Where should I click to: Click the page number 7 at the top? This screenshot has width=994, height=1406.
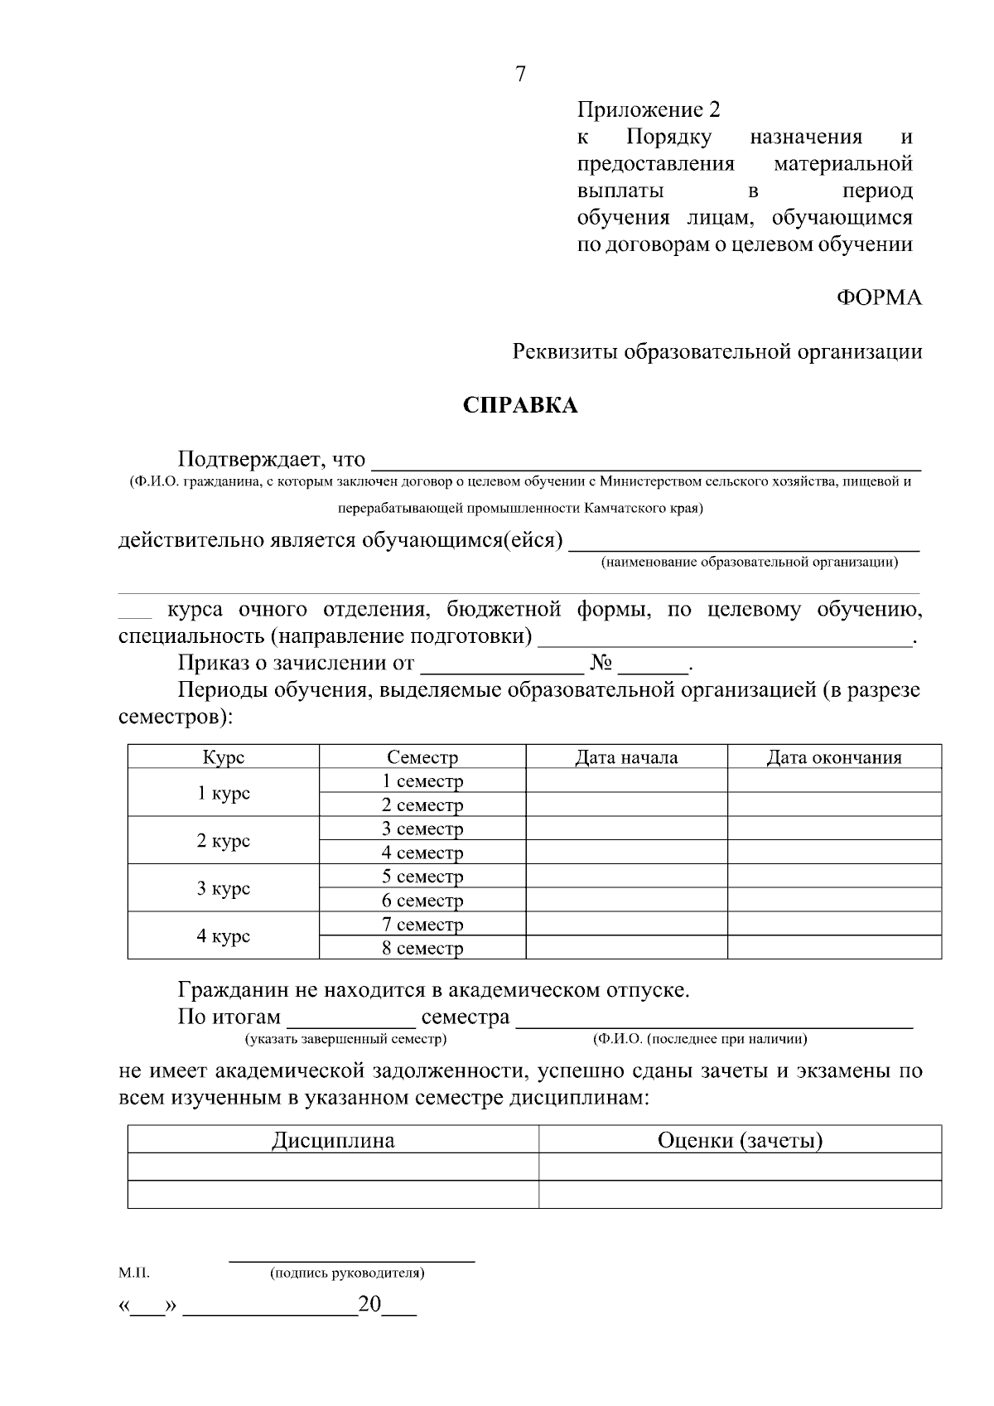[520, 75]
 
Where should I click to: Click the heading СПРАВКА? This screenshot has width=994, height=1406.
[519, 406]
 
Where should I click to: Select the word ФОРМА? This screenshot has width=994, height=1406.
[879, 298]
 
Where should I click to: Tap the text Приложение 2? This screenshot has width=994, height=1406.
[649, 110]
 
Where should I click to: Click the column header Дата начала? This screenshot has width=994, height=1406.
[626, 757]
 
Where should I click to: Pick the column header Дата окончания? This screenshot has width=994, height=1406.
[833, 757]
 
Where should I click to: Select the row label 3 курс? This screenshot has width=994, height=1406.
[223, 888]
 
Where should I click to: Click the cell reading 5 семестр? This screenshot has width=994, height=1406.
[422, 877]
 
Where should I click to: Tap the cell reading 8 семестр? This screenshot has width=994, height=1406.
[422, 949]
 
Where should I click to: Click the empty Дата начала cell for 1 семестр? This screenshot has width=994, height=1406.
[626, 780]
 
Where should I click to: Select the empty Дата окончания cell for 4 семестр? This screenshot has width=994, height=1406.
[833, 853]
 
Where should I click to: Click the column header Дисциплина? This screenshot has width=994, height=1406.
[333, 1141]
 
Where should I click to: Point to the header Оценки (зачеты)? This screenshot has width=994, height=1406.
[740, 1141]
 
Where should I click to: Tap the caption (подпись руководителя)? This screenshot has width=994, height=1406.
[347, 1273]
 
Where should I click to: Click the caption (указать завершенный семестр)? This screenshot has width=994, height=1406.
[345, 1038]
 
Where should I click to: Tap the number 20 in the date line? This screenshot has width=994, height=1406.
[369, 1305]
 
